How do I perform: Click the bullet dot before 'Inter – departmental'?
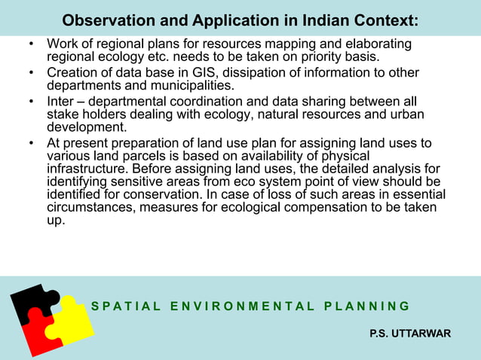[x=32, y=102]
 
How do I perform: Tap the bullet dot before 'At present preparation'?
[x=32, y=142]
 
